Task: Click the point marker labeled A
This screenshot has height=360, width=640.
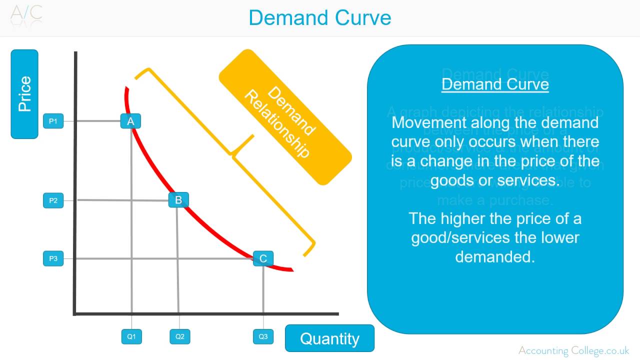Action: tap(130, 121)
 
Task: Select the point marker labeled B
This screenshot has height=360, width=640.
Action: tap(178, 200)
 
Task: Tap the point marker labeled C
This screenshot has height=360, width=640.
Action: tap(263, 258)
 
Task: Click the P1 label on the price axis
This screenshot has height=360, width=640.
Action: tap(53, 121)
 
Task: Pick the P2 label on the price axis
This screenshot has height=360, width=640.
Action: tap(53, 200)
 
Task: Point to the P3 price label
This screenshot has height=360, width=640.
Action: tap(53, 258)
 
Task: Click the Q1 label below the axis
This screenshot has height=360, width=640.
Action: tap(131, 336)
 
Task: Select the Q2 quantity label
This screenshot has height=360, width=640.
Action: tap(180, 336)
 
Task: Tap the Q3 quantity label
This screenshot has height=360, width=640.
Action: tap(263, 336)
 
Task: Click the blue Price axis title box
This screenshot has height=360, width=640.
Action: tap(24, 94)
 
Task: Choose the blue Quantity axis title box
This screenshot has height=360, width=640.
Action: tap(329, 338)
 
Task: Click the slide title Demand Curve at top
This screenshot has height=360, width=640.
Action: tap(320, 18)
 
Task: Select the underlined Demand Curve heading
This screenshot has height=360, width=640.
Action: tap(495, 84)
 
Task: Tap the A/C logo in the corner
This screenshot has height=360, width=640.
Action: tap(26, 13)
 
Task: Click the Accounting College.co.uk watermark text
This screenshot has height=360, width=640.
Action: tap(574, 350)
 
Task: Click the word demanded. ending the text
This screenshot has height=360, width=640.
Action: tap(495, 256)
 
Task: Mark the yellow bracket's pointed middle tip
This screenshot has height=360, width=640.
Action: tap(233, 152)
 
